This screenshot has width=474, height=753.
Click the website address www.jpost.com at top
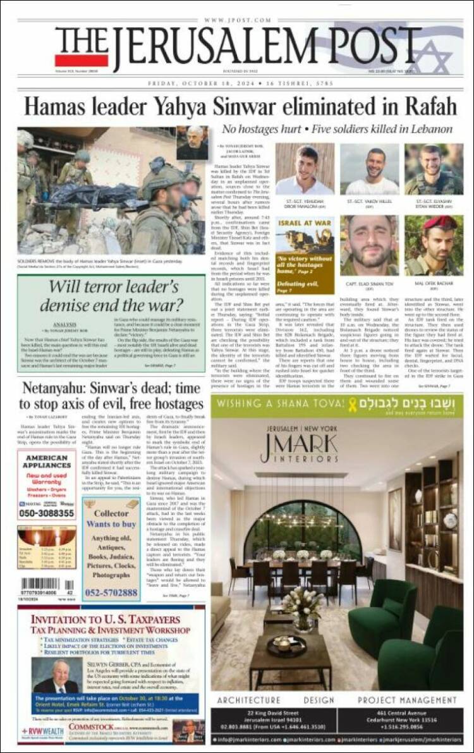(237, 20)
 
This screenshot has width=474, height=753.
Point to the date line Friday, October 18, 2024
(237, 83)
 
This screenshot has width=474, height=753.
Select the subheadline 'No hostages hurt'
(262, 129)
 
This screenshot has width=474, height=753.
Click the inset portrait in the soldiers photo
(191, 143)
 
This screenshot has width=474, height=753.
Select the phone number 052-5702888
(111, 592)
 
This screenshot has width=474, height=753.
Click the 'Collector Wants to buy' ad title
(111, 518)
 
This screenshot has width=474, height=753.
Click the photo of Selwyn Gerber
(56, 675)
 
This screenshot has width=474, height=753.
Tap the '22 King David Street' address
(273, 713)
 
